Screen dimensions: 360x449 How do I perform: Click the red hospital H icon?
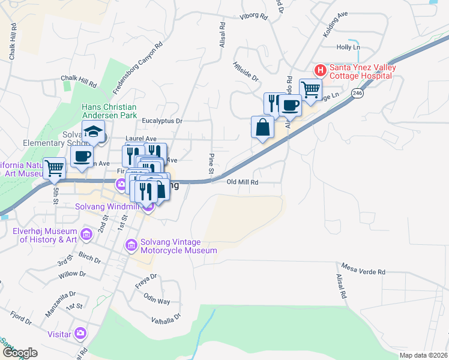point(321,70)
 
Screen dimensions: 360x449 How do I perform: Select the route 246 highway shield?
point(357,93)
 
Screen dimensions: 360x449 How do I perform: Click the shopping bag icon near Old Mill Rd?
point(262,127)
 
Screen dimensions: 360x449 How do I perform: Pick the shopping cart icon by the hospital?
point(310,90)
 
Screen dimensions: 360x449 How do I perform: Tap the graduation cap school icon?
point(94,131)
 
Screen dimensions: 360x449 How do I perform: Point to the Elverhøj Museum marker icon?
point(86,233)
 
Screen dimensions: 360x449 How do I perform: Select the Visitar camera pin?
point(80,333)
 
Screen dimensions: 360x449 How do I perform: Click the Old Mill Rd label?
point(243,182)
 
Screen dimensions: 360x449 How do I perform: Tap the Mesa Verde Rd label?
point(363,268)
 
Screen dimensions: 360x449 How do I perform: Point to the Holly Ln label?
point(348,47)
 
